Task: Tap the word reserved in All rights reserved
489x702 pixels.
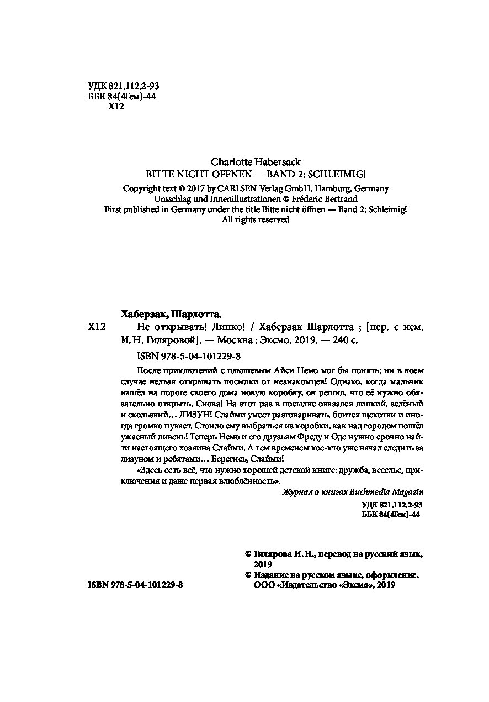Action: tap(270, 219)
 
